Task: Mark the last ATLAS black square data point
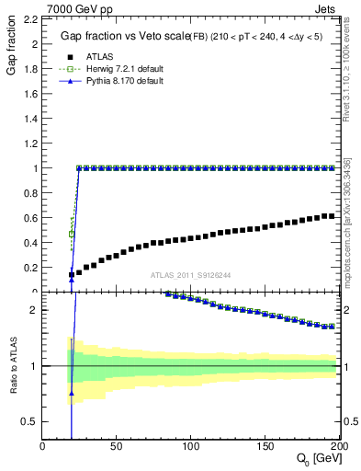(332, 216)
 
